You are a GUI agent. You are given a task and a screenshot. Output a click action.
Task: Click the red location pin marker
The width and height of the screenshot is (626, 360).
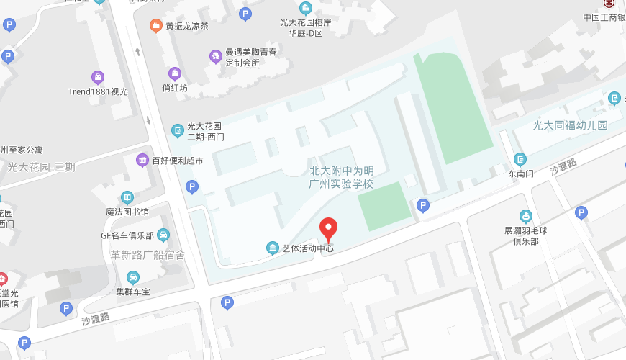328,229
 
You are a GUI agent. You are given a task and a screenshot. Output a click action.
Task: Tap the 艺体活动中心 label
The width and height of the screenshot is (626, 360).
307,248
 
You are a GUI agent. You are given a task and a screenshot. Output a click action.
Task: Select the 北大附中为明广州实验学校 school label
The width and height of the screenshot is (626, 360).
342,177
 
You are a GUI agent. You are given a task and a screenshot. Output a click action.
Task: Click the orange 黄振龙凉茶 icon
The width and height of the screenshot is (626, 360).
155,26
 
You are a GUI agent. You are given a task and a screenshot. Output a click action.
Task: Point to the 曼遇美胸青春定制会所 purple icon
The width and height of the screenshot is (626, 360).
214,56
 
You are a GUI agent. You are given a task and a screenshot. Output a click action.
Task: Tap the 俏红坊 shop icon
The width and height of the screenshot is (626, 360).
174,73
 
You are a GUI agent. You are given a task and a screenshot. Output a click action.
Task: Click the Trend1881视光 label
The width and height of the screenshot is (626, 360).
98,91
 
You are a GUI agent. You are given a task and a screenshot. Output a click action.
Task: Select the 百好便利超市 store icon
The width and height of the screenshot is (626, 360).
142,160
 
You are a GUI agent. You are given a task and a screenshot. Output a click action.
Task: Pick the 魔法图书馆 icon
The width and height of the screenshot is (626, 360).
127,198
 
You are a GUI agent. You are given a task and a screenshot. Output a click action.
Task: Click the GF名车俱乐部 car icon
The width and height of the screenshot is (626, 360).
163,235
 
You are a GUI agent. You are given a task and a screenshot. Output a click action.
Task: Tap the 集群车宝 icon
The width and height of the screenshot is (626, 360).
132,277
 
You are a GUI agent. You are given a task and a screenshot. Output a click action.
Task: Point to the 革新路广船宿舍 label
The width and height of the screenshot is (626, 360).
147,255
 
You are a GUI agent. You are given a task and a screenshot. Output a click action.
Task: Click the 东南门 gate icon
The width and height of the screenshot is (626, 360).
520,159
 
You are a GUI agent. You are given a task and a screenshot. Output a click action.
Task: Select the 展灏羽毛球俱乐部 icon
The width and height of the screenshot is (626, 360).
526,215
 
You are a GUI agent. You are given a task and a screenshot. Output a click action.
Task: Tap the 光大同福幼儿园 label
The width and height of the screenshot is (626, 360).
570,125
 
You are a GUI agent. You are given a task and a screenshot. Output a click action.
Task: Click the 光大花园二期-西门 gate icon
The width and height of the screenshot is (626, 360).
178,130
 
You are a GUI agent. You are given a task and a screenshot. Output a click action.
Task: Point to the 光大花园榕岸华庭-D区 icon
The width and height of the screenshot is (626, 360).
306,9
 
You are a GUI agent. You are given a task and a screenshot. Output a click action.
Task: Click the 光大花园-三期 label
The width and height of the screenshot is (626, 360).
41,167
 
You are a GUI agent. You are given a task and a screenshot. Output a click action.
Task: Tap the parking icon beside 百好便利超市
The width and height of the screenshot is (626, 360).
191,187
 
